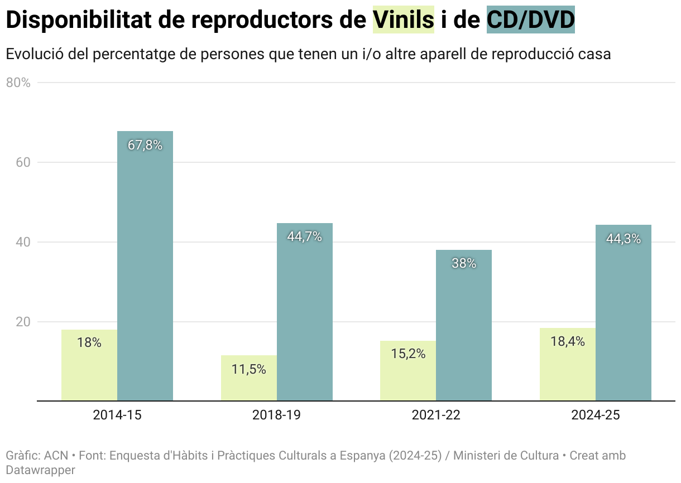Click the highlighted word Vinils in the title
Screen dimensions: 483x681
404,21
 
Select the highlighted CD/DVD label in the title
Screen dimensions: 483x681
531,21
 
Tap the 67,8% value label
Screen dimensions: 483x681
145,146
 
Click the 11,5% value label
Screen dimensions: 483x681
249,369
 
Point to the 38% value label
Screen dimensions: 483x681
464,264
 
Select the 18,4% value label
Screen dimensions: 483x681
568,342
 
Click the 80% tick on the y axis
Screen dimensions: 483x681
18,83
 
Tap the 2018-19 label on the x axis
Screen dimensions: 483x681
276,415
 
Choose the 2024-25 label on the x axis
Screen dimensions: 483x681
595,415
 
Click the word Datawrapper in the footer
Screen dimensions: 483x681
40,470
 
